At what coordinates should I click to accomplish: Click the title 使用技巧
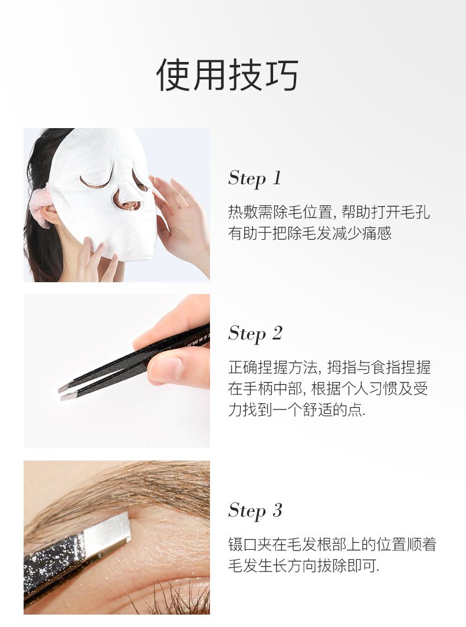[x=227, y=75]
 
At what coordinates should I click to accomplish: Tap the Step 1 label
[x=255, y=178]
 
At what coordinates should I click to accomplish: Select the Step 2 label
[x=255, y=334]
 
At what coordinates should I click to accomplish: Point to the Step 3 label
[x=255, y=510]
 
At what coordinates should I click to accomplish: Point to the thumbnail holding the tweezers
[x=168, y=368]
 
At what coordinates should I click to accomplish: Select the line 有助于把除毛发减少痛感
[x=310, y=233]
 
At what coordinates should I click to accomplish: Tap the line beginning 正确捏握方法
[x=329, y=367]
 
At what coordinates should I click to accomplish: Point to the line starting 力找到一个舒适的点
[x=297, y=410]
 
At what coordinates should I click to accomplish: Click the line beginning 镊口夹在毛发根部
[x=332, y=544]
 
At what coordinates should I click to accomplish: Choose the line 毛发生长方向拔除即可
[x=304, y=566]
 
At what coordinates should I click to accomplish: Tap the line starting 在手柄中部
[x=328, y=388]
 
